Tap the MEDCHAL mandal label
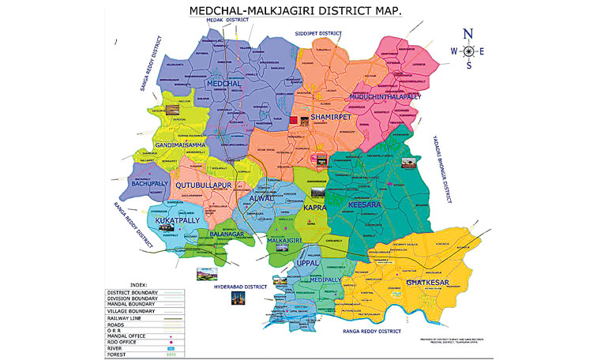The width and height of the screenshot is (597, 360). tap(224, 84)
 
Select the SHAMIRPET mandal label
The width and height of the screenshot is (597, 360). tap(330, 116)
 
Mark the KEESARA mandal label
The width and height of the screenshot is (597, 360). tap(363, 204)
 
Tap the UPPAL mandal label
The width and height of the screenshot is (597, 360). tap(306, 262)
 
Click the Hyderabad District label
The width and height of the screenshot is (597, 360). tap(241, 286)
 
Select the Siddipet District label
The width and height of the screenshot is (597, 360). tap(317, 34)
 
